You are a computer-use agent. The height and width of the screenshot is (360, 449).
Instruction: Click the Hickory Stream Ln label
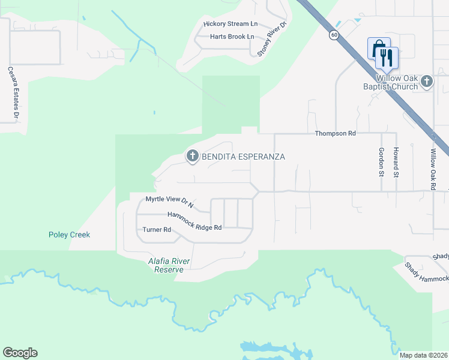pyautogui.click(x=230, y=24)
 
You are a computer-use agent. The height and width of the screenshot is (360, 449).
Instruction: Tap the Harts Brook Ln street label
pyautogui.click(x=232, y=37)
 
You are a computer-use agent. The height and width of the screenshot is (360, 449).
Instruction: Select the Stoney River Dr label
pyautogui.click(x=272, y=40)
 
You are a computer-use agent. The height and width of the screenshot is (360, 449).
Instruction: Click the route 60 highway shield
pyautogui.click(x=333, y=35)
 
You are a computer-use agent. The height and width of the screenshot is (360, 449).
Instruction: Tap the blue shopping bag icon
pyautogui.click(x=378, y=48)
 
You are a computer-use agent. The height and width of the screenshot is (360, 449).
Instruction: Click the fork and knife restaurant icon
pyautogui.click(x=387, y=58)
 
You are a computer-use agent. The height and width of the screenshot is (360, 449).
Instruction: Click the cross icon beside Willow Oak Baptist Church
pyautogui.click(x=426, y=80)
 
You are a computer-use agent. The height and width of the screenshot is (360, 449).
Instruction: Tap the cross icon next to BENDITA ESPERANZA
pyautogui.click(x=193, y=157)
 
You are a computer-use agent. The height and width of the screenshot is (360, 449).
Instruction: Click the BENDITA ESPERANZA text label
pyautogui.click(x=243, y=157)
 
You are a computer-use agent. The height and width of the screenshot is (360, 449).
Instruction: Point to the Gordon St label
pyautogui.click(x=381, y=162)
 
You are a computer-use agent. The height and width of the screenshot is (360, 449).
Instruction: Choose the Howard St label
pyautogui.click(x=396, y=163)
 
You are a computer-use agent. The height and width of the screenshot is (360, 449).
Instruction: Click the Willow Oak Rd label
pyautogui.click(x=432, y=170)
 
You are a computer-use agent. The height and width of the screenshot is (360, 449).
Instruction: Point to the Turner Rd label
pyautogui.click(x=157, y=230)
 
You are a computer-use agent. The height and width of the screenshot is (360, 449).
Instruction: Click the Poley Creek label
pyautogui.click(x=69, y=235)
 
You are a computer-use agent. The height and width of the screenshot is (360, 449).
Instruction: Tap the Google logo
pyautogui.click(x=20, y=353)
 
